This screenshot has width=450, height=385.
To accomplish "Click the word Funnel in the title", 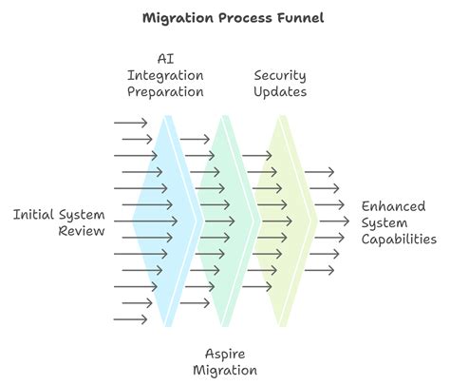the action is [301, 18].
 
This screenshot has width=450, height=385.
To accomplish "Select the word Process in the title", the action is [245, 18].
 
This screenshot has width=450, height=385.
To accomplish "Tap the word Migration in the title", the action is [178, 18].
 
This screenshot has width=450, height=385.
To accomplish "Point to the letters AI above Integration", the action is [165, 59].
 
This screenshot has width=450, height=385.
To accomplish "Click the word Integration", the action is [165, 76].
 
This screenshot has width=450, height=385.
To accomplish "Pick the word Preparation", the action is [165, 92].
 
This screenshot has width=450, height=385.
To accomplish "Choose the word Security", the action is [280, 76].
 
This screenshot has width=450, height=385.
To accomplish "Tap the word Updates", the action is [280, 92].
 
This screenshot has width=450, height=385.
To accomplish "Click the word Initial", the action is [33, 215].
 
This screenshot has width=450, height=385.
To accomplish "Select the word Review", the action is [82, 231].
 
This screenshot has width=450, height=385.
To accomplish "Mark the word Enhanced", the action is [393, 206].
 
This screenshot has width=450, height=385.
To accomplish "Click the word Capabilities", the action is [399, 240].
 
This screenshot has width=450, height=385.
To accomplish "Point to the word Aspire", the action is [225, 355].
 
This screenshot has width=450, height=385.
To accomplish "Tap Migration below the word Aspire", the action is [225, 371].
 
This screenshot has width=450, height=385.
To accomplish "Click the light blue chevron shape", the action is [168, 221].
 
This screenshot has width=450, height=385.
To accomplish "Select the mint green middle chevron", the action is [225, 221].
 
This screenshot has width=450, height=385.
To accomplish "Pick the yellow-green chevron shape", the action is [283, 221].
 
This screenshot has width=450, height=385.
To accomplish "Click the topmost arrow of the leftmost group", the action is [130, 123].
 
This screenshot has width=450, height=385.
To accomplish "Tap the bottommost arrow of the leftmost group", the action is [130, 319].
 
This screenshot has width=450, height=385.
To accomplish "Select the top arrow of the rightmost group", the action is [319, 172].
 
